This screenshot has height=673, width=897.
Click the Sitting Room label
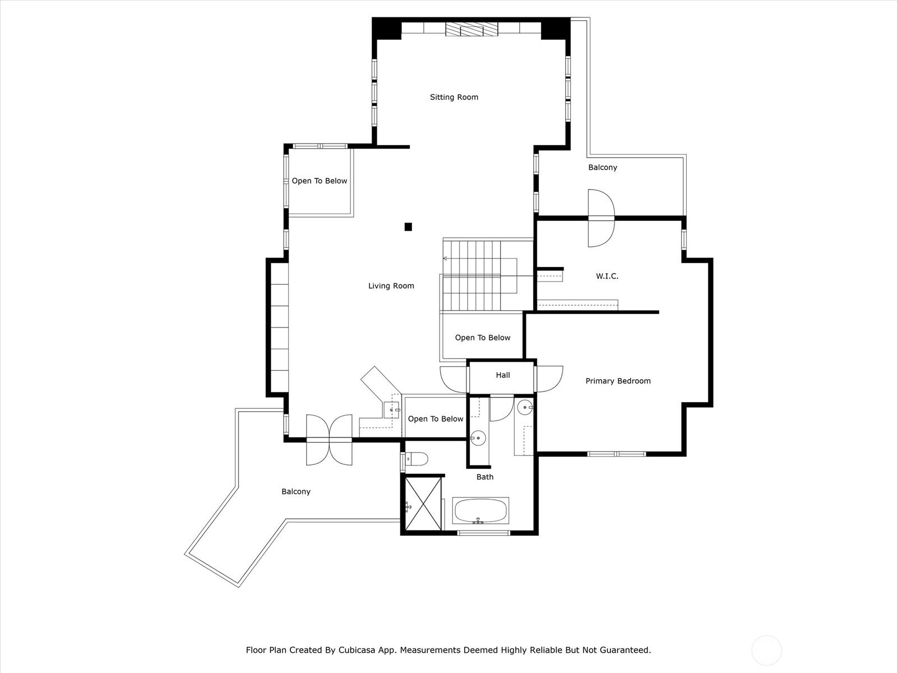coord(454,97)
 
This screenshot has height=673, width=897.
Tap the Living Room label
coord(391,286)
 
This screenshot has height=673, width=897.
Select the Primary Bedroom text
coord(618,381)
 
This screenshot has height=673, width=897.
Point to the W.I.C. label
coord(607,276)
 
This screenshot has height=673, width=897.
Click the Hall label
coord(503,375)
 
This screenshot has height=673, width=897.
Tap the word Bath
coord(485,477)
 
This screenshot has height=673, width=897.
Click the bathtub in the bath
coord(480,510)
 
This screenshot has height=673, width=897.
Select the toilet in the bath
coord(415,459)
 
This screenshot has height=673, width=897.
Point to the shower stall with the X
coord(423,504)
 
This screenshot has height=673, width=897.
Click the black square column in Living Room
coord(408,227)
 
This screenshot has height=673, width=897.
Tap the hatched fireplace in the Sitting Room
coord(472,30)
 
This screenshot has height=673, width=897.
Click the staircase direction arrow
coord(446,259)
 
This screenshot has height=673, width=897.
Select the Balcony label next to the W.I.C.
coord(602,168)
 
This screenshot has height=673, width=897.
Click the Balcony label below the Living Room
coord(296,492)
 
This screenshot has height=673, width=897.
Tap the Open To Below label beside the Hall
coord(483,338)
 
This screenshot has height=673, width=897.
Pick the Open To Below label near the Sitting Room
coord(319,181)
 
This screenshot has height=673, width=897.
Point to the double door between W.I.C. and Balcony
coord(601,218)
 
